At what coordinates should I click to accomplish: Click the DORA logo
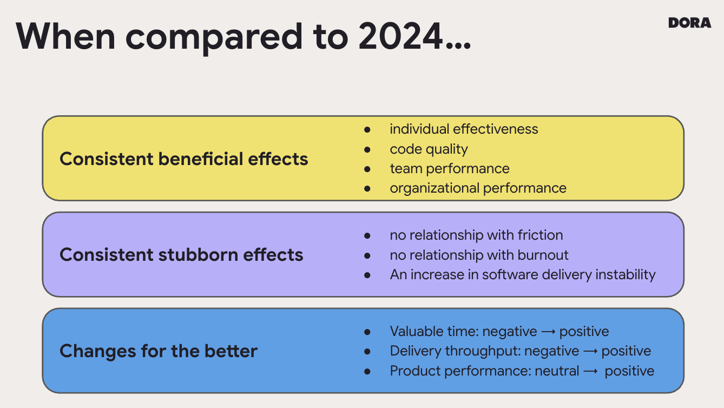(689, 23)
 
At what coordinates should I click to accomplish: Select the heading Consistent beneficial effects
(183, 159)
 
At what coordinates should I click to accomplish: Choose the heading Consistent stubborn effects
(181, 255)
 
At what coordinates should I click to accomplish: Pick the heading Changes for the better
(159, 351)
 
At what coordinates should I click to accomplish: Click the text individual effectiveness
(464, 129)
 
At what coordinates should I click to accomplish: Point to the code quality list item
(429, 149)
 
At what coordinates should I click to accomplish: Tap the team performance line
(449, 169)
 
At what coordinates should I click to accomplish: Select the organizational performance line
(478, 188)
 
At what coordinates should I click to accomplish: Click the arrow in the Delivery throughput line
(590, 351)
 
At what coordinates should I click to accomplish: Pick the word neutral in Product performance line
(557, 371)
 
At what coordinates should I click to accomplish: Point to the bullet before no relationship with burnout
(367, 255)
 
